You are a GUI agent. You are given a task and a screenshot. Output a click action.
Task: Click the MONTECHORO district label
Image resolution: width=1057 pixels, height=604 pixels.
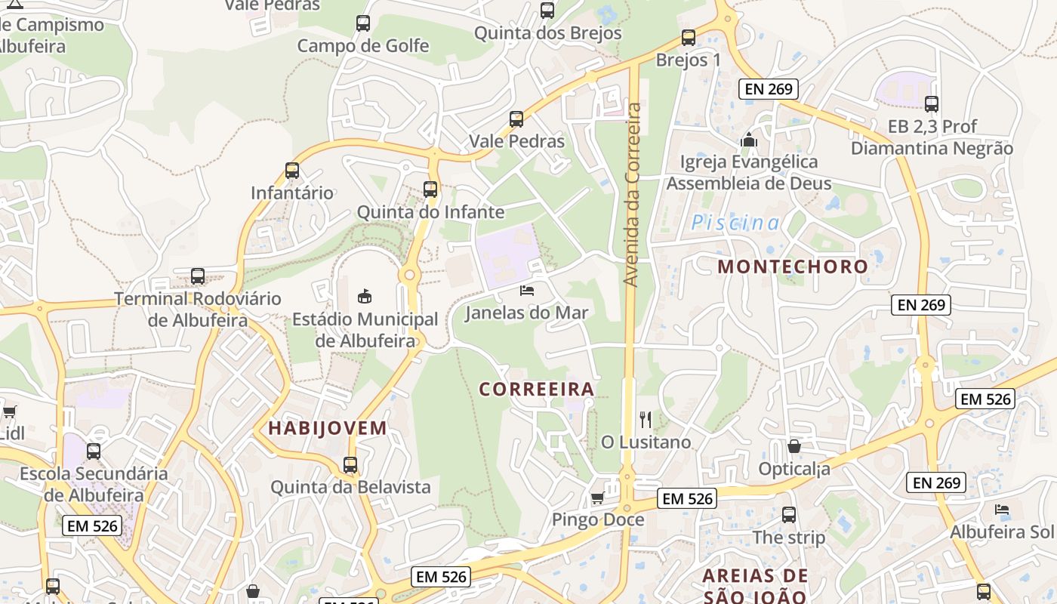tap(793, 267)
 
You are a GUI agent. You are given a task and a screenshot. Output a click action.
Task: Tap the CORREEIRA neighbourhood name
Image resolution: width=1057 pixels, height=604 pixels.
tap(537, 390)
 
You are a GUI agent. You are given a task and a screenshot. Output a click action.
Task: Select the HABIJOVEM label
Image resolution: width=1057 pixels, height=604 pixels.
tap(328, 428)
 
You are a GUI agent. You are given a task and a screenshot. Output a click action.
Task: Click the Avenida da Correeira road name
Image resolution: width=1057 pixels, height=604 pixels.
tap(633, 195)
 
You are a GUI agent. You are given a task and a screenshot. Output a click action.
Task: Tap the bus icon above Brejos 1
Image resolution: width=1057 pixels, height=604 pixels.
tap(689, 38)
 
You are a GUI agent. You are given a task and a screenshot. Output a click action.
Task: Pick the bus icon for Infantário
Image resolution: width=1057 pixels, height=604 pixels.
tap(292, 171)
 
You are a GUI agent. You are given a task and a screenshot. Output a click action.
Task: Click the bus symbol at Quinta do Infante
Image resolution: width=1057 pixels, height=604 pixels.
tap(430, 190)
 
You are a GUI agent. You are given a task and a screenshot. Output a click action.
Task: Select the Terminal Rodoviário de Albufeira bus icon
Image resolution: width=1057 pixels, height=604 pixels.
tap(198, 276)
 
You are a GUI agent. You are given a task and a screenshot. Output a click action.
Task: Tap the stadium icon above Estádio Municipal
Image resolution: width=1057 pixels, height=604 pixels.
tap(365, 295)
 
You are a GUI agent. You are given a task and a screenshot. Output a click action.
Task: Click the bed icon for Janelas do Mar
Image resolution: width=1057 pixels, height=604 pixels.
tap(527, 291)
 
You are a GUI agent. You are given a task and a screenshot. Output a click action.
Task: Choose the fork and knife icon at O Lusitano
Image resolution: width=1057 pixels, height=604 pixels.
tap(646, 420)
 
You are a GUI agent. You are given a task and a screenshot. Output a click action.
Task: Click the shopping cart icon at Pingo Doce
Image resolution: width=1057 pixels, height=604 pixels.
tap(597, 498)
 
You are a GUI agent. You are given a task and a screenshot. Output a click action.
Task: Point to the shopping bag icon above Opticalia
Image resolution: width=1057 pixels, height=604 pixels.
tap(794, 446)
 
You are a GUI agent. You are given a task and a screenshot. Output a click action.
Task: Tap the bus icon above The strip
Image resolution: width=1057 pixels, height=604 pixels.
tap(789, 515)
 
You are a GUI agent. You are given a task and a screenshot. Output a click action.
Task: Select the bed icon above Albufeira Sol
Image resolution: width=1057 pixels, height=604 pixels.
tap(1002, 510)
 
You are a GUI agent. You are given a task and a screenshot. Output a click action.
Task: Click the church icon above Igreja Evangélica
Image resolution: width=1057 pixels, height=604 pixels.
tap(749, 140)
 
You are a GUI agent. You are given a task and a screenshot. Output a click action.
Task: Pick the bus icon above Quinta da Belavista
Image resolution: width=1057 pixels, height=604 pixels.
tap(350, 465)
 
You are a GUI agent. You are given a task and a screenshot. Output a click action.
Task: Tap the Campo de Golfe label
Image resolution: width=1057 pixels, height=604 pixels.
tap(363, 46)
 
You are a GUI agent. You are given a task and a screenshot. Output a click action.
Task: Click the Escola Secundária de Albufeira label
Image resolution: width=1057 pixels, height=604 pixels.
tap(94, 485)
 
